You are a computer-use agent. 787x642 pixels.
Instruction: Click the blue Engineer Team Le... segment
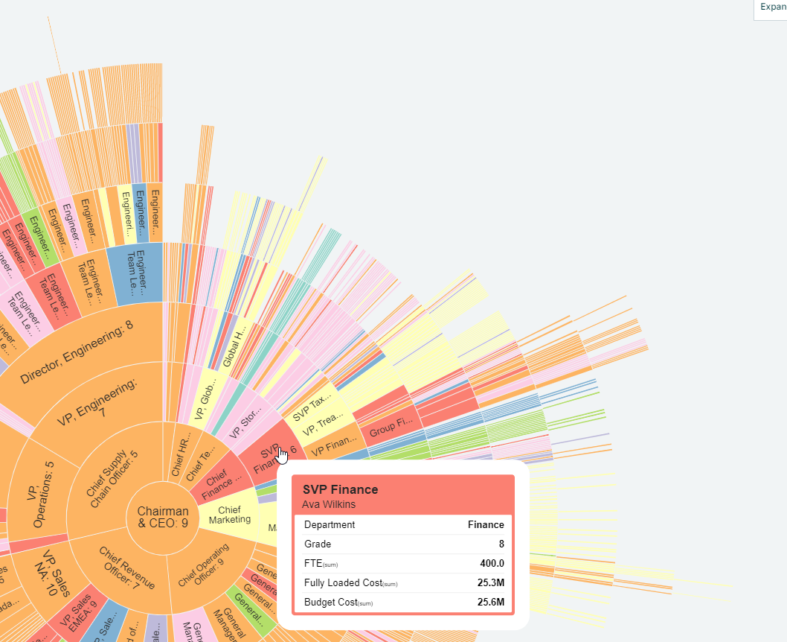135,271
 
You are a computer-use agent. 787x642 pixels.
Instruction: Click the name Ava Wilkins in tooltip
330,504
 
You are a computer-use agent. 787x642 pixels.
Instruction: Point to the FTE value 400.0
491,563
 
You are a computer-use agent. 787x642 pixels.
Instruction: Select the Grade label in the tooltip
318,544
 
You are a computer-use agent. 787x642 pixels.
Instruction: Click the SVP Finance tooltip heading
340,489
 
